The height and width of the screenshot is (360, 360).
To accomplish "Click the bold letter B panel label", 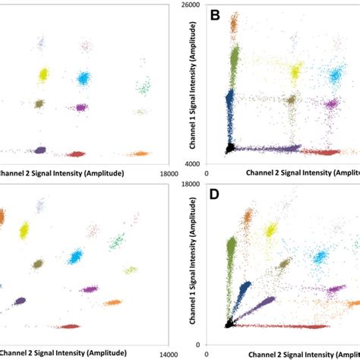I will (215, 14).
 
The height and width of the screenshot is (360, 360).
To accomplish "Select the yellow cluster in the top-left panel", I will (43, 74).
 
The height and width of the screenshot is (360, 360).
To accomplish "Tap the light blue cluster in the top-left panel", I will (83, 77).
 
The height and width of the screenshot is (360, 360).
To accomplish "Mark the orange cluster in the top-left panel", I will (138, 153).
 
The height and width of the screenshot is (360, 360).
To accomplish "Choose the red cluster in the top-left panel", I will (75, 154).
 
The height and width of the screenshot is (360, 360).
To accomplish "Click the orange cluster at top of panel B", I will (234, 25).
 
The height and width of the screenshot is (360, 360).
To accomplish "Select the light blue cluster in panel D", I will (320, 257).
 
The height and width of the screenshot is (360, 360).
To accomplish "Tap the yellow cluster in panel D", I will (270, 231).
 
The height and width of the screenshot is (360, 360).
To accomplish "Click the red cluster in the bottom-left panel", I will (70, 327).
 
